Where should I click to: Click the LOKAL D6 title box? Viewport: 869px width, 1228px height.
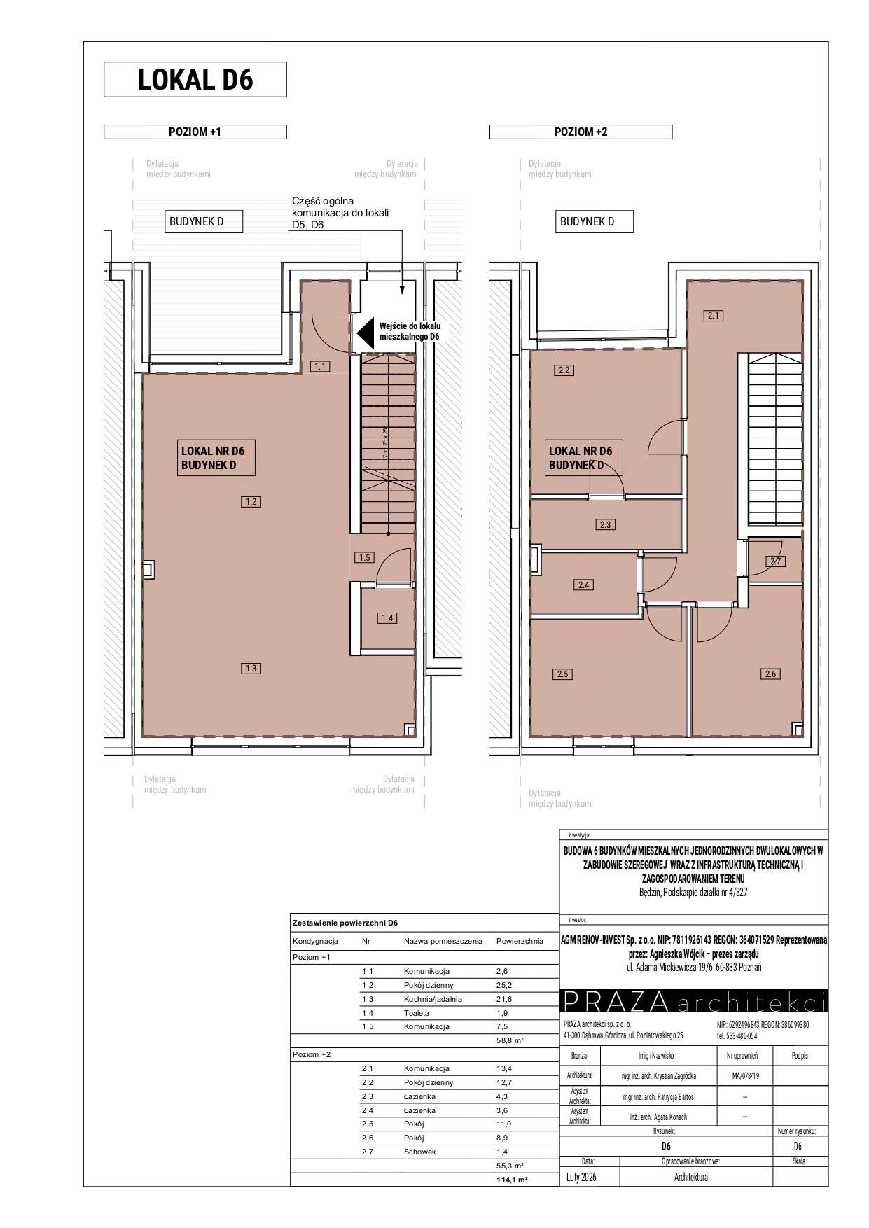tap(195, 79)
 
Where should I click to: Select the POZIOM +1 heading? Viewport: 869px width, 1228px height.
tap(195, 132)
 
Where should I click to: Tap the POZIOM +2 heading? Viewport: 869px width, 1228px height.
tap(581, 132)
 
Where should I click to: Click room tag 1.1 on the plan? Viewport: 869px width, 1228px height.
tap(321, 366)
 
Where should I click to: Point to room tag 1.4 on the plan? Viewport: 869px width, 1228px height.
tap(387, 618)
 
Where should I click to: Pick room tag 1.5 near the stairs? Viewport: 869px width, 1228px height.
tap(364, 557)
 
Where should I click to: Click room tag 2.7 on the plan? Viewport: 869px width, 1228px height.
tap(775, 561)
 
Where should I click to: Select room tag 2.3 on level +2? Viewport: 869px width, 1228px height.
tap(606, 524)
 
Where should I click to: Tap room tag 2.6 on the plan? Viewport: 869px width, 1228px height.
tap(770, 674)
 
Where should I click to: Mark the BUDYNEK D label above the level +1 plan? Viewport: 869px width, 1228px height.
tap(196, 222)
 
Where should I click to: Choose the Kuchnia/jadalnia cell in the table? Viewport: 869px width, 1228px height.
tap(433, 999)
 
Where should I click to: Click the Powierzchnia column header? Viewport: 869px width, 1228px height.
tap(520, 941)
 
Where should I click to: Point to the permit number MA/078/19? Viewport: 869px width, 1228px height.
tap(744, 1075)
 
